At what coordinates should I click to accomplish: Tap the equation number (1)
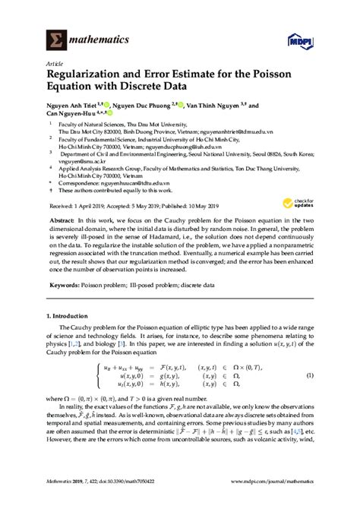tap(310, 375)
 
